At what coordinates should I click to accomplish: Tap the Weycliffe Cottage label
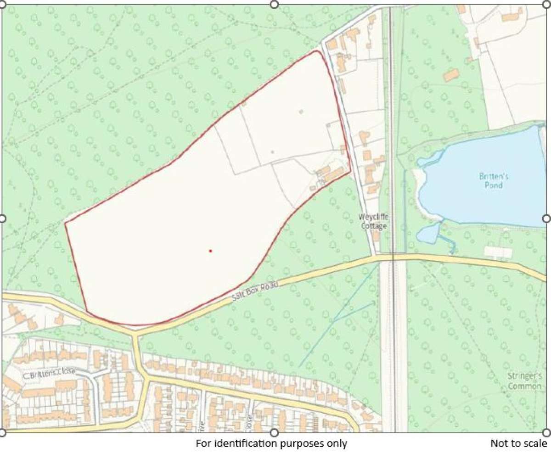tap(373, 221)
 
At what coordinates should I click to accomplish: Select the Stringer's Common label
tap(525, 381)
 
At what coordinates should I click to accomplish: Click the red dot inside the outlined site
tap(210, 251)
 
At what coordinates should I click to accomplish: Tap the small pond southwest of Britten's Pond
tap(428, 233)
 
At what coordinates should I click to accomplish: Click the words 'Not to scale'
tap(518, 443)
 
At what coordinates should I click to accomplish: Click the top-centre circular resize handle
tap(274, 4)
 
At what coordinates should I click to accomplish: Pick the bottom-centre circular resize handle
tap(274, 432)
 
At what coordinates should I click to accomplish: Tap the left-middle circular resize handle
tap(2, 218)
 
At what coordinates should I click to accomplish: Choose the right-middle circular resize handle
tap(546, 218)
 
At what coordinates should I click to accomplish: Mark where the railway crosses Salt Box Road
tap(393, 257)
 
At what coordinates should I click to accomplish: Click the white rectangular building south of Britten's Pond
tap(498, 252)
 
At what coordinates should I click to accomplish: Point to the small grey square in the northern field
tap(301, 112)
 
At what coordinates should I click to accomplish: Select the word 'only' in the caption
tap(339, 443)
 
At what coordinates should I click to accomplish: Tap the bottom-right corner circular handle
tap(546, 432)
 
